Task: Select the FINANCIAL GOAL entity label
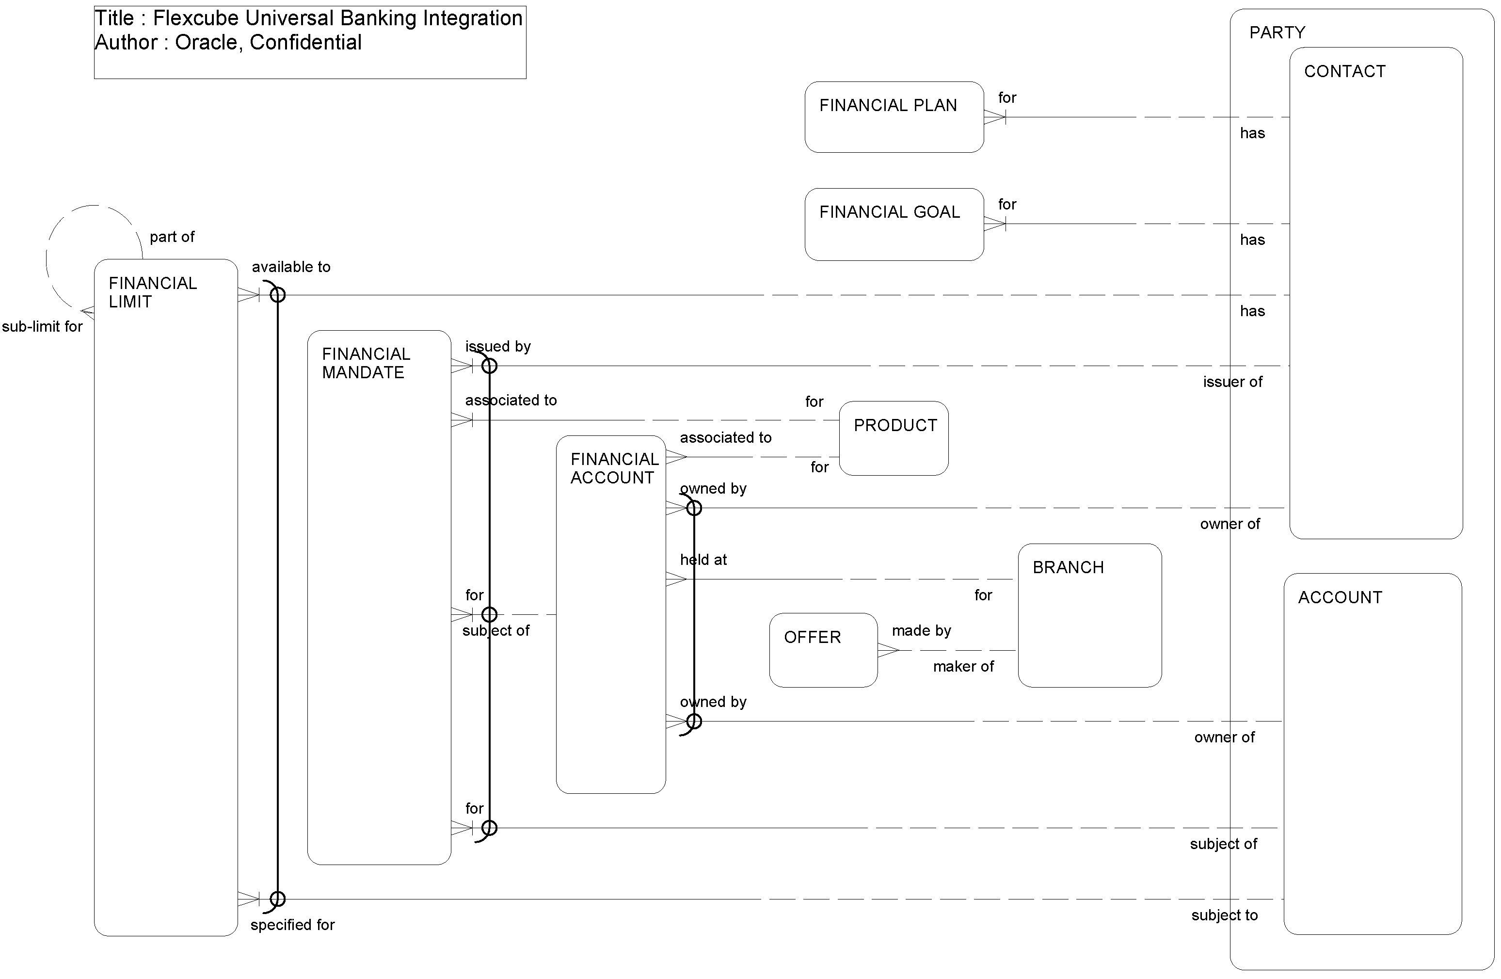pyautogui.click(x=889, y=212)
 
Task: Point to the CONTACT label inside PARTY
pyautogui.click(x=1344, y=71)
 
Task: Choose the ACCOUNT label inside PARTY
pyautogui.click(x=1340, y=597)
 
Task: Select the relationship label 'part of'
pyautogui.click(x=172, y=237)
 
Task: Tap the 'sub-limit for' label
pyautogui.click(x=42, y=327)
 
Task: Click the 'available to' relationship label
pyautogui.click(x=291, y=267)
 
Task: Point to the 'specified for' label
pyautogui.click(x=292, y=925)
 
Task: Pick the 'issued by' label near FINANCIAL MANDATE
pyautogui.click(x=497, y=346)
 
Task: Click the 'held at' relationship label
pyautogui.click(x=703, y=560)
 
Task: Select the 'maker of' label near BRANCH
pyautogui.click(x=963, y=667)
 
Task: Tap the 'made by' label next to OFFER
pyautogui.click(x=921, y=631)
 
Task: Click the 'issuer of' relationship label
pyautogui.click(x=1232, y=382)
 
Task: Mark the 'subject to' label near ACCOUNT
pyautogui.click(x=1224, y=915)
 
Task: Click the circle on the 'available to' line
pyautogui.click(x=277, y=295)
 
